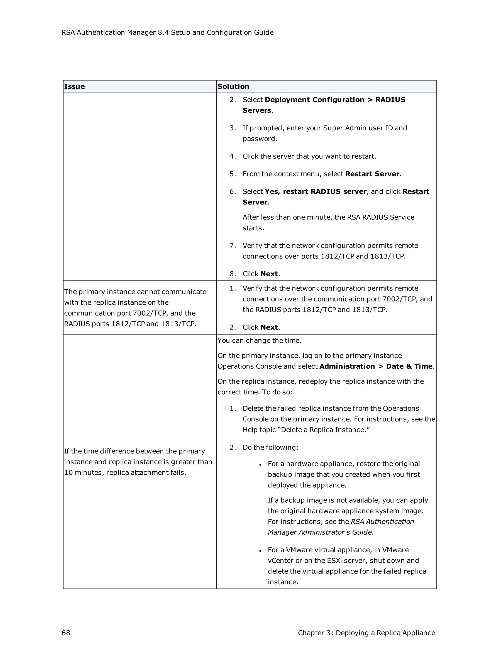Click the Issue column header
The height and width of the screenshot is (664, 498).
[x=74, y=87]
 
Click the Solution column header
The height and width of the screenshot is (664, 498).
[x=233, y=87]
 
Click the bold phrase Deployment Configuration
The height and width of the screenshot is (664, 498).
[x=314, y=100]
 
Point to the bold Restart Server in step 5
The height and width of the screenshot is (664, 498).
[x=372, y=174]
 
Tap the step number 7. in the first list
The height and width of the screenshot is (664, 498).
[x=233, y=246]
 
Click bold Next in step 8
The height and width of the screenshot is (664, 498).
[x=269, y=274]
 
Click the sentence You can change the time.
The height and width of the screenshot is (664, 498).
[x=259, y=340]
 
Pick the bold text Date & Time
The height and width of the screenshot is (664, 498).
[x=409, y=366]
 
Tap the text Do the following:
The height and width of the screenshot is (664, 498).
[x=270, y=447]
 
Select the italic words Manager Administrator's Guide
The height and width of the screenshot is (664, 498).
[x=320, y=532]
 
